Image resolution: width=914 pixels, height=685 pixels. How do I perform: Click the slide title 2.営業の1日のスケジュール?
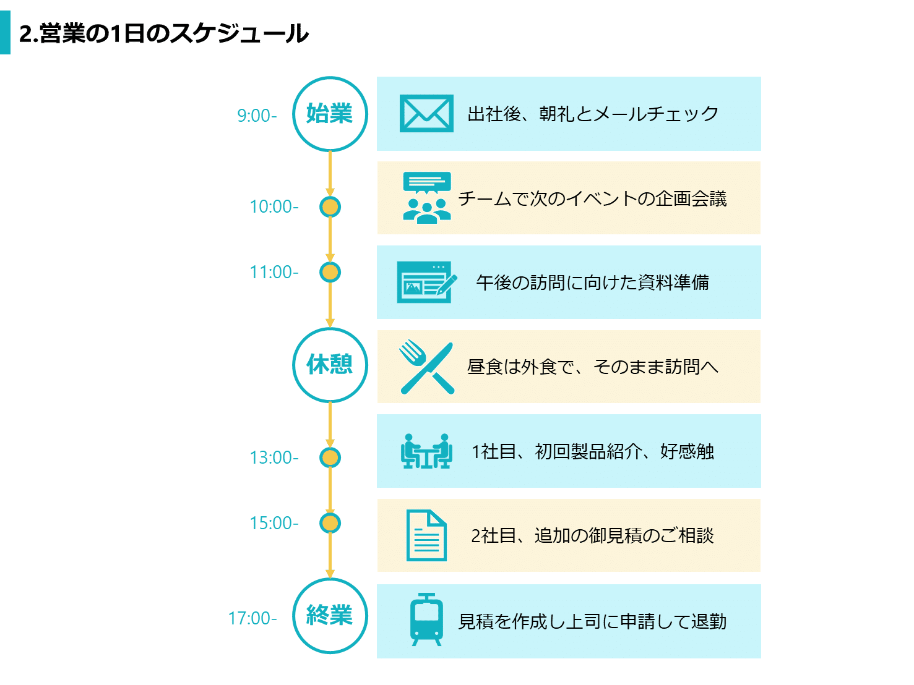pos(163,33)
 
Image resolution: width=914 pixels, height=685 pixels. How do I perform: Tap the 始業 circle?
pos(330,114)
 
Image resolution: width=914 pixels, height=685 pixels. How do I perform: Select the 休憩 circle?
pos(330,365)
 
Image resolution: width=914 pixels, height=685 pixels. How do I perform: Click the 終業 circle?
pos(330,616)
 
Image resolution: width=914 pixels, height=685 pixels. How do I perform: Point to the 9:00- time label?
pos(257,116)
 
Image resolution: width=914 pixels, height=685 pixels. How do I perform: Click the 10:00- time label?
pos(274,206)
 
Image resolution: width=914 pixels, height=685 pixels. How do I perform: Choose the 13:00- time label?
pos(274,457)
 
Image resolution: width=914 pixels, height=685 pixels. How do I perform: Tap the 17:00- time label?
pos(252,618)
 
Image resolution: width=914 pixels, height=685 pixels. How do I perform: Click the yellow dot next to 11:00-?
pos(330,272)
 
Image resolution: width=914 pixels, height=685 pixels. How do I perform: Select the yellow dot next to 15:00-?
pos(330,523)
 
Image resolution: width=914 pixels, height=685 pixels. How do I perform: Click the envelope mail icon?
pos(426,114)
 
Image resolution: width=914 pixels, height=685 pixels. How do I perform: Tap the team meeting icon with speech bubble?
pos(426,198)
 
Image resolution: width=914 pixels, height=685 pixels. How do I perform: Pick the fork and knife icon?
pos(426,367)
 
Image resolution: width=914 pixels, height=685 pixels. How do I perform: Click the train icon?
pos(426,619)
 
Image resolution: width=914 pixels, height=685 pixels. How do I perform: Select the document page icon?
pos(426,535)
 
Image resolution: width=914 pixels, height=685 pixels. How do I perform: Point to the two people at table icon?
pos(426,451)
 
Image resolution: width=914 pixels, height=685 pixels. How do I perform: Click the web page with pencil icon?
pos(426,283)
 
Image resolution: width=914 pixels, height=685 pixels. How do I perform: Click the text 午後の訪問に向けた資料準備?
pos(592,283)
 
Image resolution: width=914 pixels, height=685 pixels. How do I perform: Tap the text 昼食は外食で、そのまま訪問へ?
pos(592,367)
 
